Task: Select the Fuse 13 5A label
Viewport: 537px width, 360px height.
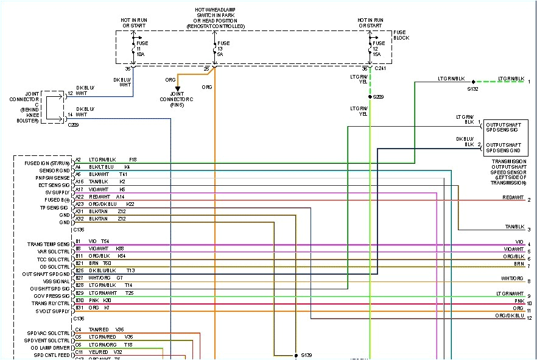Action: coord(224,49)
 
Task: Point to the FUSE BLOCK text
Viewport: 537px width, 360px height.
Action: coord(402,35)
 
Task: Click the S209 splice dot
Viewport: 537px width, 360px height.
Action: coord(370,96)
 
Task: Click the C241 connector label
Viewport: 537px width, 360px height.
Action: coord(381,69)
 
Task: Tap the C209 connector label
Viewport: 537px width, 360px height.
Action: coord(74,124)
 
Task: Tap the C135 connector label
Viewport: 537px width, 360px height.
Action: coord(79,230)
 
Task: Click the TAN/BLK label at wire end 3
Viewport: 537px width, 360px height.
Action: coord(514,227)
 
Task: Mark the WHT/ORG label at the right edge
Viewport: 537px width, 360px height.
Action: coord(512,278)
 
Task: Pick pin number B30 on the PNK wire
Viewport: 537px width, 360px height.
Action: coord(79,300)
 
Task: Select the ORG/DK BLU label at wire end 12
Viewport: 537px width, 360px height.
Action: coord(510,316)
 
